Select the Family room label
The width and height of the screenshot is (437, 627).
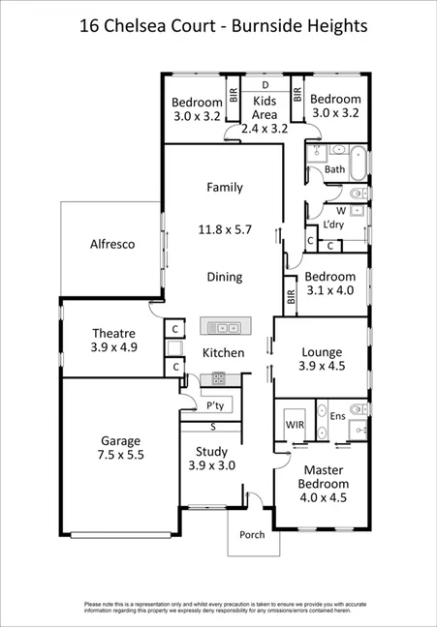(225, 188)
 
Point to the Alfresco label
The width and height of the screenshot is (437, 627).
(111, 244)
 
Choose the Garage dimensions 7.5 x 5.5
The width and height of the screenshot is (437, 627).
(119, 454)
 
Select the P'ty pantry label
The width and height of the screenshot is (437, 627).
(215, 406)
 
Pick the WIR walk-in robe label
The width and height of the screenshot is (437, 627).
(296, 424)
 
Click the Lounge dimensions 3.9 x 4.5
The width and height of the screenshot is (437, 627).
(321, 365)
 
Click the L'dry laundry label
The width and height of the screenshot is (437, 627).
(333, 224)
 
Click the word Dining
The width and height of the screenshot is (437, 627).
(225, 277)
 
